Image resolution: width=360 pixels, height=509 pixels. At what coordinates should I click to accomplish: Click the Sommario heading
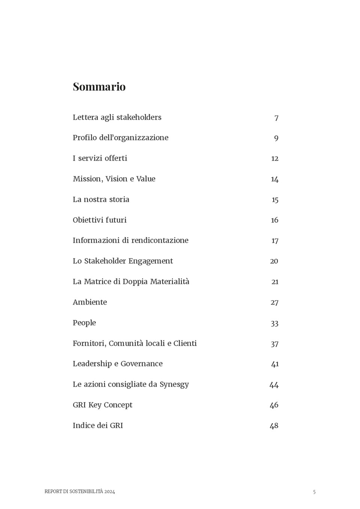pyautogui.click(x=99, y=87)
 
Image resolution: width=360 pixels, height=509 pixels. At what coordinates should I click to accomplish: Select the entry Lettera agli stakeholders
pyautogui.click(x=117, y=117)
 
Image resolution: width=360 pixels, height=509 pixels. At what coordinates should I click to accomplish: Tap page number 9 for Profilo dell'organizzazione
pyautogui.click(x=276, y=138)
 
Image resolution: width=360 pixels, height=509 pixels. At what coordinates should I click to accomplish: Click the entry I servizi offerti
pyautogui.click(x=100, y=158)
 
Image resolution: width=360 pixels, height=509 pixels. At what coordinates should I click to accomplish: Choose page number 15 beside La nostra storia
pyautogui.click(x=275, y=200)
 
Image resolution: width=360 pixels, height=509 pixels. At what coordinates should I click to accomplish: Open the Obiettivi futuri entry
pyautogui.click(x=99, y=220)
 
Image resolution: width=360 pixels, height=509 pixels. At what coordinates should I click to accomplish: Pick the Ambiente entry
pyautogui.click(x=90, y=302)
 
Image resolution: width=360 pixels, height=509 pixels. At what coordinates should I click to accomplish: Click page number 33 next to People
pyautogui.click(x=274, y=323)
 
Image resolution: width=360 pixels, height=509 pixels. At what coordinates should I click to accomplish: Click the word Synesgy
pyautogui.click(x=174, y=384)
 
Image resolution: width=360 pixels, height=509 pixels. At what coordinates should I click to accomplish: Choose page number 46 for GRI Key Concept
pyautogui.click(x=274, y=405)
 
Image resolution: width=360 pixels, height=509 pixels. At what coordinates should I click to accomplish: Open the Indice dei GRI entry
pyautogui.click(x=97, y=425)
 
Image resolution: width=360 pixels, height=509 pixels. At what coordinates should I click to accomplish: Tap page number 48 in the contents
pyautogui.click(x=274, y=426)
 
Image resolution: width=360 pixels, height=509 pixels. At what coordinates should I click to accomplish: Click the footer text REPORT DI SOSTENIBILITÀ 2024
pyautogui.click(x=79, y=491)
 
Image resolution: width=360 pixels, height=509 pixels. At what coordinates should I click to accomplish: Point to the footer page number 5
pyautogui.click(x=314, y=492)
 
